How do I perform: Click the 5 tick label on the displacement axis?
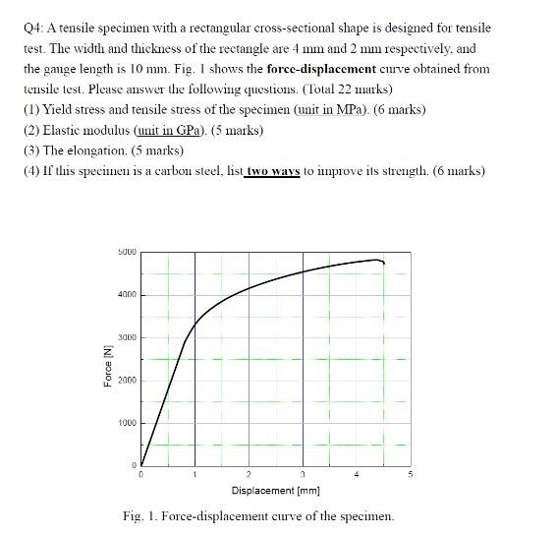point(411,475)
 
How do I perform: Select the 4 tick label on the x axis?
point(357,475)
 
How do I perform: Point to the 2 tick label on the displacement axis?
point(249,475)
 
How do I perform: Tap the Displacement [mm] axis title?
point(275,490)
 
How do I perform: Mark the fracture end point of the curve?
point(383,264)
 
